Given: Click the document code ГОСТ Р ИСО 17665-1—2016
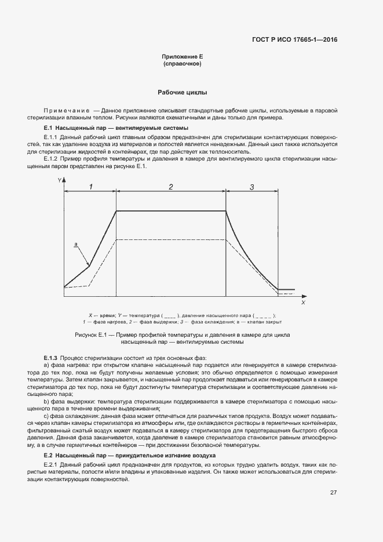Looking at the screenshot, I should (x=295, y=40).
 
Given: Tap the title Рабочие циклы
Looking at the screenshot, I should (x=183, y=93).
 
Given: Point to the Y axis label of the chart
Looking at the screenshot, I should (x=59, y=181).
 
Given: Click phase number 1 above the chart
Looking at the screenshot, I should (x=90, y=187).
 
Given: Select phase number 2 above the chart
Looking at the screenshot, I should (x=171, y=187).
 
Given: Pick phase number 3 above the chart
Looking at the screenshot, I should (x=252, y=187).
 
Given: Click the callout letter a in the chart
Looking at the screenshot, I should (x=75, y=245).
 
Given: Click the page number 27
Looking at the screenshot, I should (x=333, y=493).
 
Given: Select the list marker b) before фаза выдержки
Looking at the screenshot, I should (x=46, y=401).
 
